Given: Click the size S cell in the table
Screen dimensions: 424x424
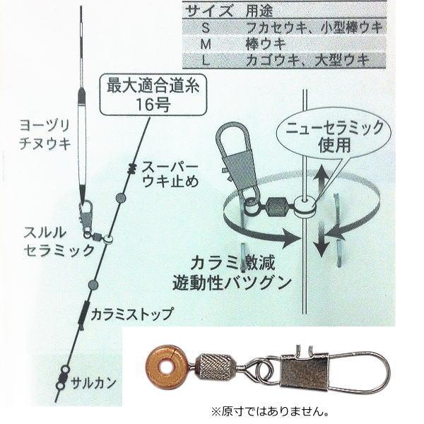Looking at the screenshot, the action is pos(206,28).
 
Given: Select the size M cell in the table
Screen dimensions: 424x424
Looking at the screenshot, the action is pos(206,45).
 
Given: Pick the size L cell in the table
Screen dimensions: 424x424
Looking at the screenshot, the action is pos(206,61).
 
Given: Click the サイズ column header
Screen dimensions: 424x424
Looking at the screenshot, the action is pos(209,11).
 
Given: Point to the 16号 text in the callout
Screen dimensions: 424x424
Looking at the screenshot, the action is pos(153,105).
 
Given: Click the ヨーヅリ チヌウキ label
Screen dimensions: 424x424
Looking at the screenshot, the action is pos(45,135).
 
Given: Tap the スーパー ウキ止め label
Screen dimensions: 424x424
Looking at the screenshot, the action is pos(170,175).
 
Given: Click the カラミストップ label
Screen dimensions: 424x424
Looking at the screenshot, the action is pos(131,314).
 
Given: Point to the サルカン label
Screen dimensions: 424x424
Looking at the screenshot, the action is pos(93,383).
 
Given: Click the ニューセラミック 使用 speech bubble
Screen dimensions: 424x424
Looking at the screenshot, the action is pos(334,138).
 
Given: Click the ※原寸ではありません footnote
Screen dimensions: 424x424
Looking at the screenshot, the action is pos(271,412).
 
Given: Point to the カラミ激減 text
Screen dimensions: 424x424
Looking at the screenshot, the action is pos(232,264).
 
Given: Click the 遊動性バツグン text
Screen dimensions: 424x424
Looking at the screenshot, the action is pos(232,283).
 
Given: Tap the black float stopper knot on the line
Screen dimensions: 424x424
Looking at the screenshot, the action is pos(132,169).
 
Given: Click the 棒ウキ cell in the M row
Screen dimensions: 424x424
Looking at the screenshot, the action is pos(266,45).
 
